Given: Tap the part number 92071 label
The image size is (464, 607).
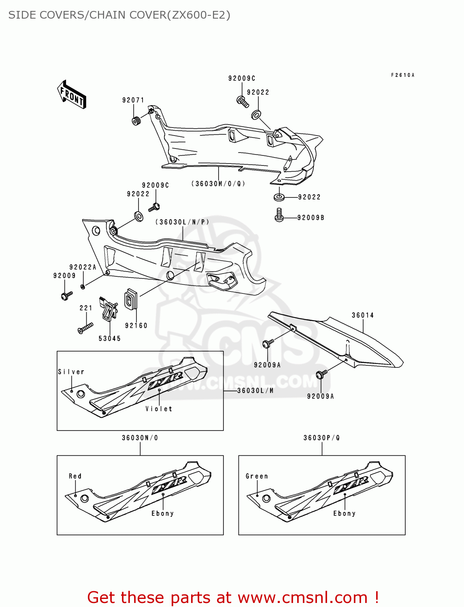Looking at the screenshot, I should click(x=133, y=100).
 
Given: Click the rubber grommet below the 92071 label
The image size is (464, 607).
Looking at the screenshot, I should click(x=136, y=120).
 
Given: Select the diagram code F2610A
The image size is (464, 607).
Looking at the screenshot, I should click(x=402, y=75).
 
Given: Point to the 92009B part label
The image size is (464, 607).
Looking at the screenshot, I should click(x=311, y=218).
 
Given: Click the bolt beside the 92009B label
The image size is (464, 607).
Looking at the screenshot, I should click(x=279, y=215).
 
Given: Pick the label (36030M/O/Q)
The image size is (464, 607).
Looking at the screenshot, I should click(x=218, y=184).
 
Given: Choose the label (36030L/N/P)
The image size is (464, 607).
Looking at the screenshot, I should click(x=182, y=222).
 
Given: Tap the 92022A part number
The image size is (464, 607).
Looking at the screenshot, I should click(x=83, y=267).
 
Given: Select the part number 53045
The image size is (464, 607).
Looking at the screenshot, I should click(x=110, y=339).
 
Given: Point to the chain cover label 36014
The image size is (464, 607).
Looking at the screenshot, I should click(x=363, y=315).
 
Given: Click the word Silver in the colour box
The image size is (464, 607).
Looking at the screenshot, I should click(x=71, y=372).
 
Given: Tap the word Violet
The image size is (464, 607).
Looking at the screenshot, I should click(x=159, y=409).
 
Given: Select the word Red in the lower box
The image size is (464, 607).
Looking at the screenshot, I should click(x=75, y=476).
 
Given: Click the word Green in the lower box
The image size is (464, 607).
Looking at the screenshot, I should click(x=257, y=476).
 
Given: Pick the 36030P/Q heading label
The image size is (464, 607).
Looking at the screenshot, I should click(x=322, y=438).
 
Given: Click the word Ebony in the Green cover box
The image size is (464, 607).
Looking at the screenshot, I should click(x=344, y=514).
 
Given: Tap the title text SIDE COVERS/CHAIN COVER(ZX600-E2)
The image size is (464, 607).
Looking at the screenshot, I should click(x=119, y=15).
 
